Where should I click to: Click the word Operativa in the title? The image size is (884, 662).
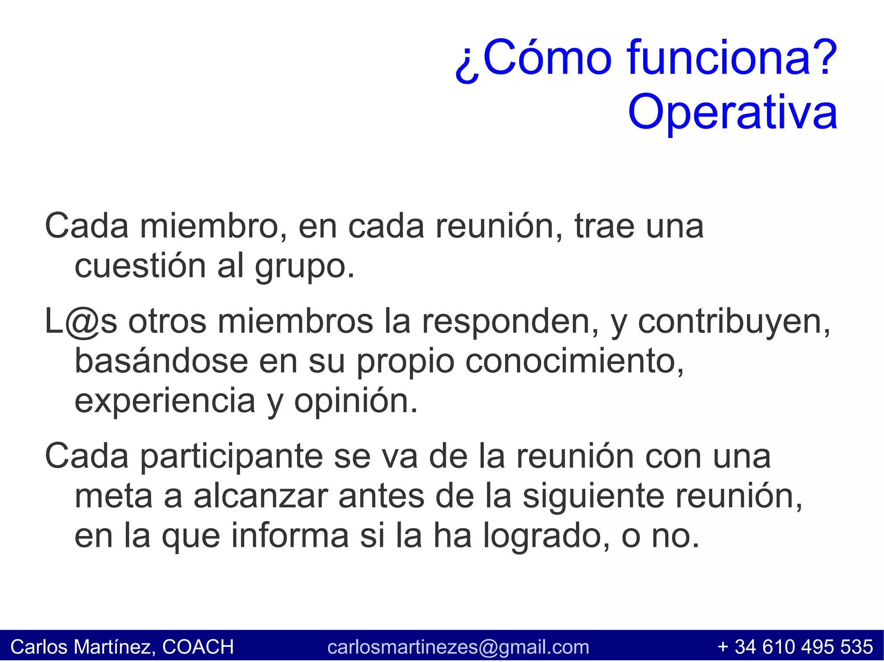[x=732, y=112]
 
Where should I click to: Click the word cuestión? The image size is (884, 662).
[x=140, y=266]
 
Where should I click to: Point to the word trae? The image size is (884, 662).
[x=604, y=226]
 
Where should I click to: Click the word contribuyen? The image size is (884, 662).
[x=734, y=322]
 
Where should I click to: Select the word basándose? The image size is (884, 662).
[x=161, y=361]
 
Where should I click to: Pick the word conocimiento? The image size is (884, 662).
[x=575, y=361]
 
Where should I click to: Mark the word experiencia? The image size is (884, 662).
[x=165, y=401]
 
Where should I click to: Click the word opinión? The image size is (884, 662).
[x=356, y=401]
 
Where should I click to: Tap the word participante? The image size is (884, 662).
[x=231, y=457]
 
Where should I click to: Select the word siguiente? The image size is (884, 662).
[x=594, y=496]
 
